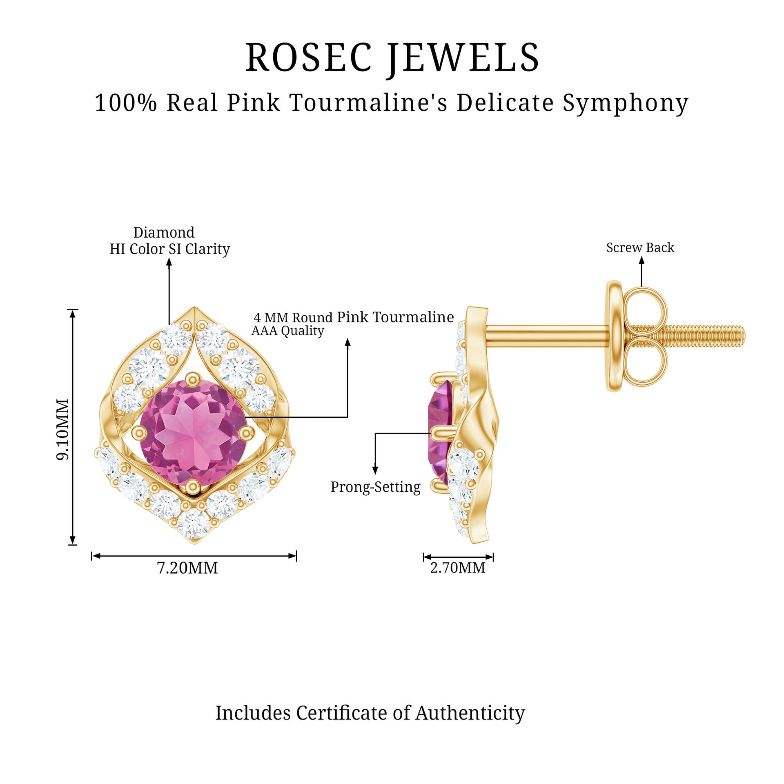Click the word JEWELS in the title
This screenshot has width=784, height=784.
[463, 58]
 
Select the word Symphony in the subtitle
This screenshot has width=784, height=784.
[626, 103]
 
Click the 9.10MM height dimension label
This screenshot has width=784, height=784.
[63, 429]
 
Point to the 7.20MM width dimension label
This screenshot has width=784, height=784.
[187, 568]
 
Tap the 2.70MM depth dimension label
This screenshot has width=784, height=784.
[458, 568]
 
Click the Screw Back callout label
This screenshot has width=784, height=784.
[640, 247]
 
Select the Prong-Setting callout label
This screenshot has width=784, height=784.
[375, 487]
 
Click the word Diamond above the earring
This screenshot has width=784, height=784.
[164, 232]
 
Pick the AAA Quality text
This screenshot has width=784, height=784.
[287, 331]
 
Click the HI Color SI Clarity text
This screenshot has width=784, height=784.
[169, 249]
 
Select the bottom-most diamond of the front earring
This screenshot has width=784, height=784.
[193, 524]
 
